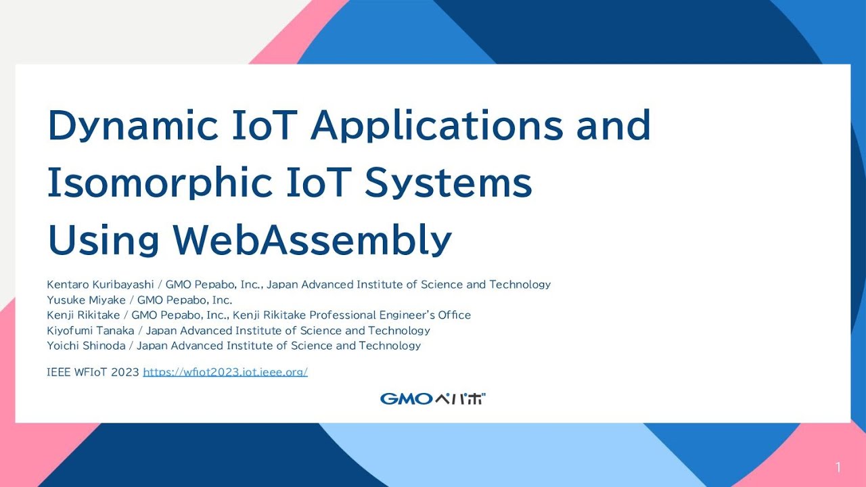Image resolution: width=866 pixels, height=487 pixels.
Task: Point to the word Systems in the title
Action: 449,183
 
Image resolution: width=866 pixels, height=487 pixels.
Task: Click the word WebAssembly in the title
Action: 312,240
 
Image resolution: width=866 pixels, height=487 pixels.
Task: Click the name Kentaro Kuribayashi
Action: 101,285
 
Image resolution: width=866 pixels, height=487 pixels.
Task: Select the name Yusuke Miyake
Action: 86,300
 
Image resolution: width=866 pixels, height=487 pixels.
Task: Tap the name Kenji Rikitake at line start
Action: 83,315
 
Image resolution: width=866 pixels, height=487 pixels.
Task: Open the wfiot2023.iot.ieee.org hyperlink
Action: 225,372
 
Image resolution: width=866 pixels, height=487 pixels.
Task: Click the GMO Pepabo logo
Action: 433,398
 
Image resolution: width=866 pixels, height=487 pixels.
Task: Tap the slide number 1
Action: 838,467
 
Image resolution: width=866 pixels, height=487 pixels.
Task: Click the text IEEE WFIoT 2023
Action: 93,372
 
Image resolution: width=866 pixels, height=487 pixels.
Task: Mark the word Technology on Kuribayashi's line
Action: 520,285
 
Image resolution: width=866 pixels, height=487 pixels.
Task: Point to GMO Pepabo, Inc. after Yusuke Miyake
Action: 185,300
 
